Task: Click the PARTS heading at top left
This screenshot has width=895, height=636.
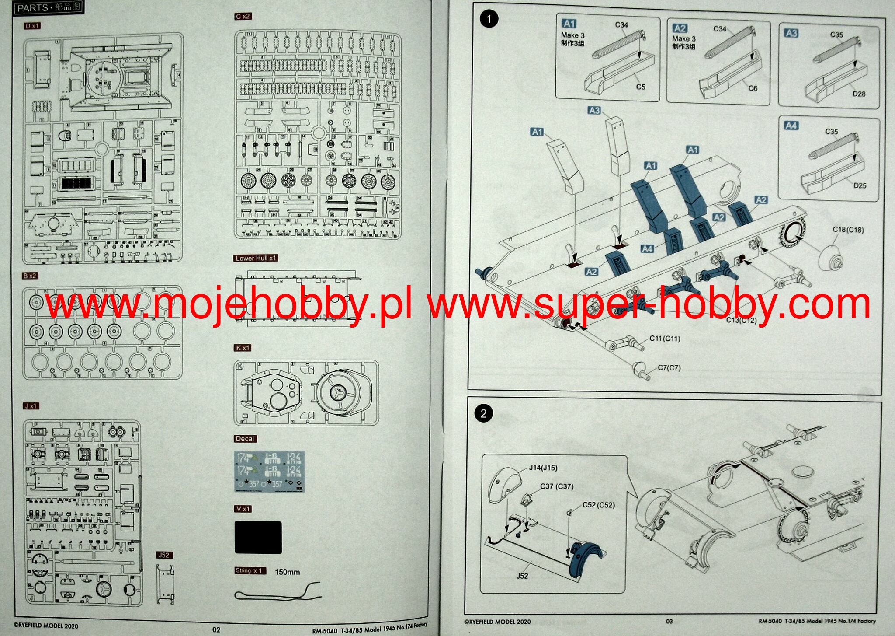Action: point(49,7)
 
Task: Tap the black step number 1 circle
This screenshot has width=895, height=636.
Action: point(489,19)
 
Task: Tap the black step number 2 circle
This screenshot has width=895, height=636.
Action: point(483,413)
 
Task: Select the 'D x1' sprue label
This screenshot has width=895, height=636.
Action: point(32,26)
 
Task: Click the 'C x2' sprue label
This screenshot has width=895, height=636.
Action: point(243,16)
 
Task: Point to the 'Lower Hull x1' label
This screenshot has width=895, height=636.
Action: point(256,258)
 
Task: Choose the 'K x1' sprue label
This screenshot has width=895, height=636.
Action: point(243,348)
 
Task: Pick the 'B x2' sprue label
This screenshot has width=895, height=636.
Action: point(30,276)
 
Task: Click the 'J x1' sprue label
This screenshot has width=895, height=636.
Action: point(31,406)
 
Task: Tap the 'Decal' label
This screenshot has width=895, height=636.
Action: point(245,438)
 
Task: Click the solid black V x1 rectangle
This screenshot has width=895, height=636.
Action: point(258,537)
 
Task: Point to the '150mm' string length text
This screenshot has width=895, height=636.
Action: point(287,572)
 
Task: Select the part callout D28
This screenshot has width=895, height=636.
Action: point(858,94)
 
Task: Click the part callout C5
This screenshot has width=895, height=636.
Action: point(640,87)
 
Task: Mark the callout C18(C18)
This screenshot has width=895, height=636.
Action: point(848,229)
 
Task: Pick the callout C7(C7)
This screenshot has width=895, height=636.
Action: point(669,367)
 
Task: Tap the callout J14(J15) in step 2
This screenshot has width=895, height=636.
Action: point(543,468)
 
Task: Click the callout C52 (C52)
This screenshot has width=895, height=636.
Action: point(598,505)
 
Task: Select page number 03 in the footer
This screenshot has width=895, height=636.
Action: point(669,621)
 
